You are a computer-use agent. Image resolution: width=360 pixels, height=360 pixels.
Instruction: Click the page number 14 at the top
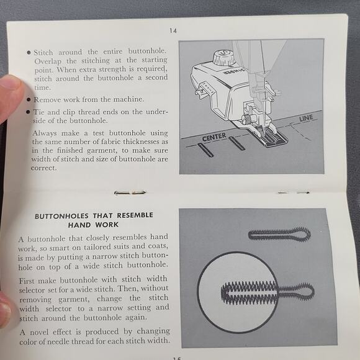click(x=173, y=30)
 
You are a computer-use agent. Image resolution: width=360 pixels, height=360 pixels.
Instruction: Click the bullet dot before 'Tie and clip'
click(x=29, y=112)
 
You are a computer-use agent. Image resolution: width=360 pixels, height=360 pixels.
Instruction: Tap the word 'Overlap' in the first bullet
click(x=48, y=62)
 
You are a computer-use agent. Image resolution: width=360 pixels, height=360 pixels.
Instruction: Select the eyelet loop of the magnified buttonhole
click(x=300, y=290)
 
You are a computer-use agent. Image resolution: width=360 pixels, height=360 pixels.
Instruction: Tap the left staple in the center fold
click(x=130, y=192)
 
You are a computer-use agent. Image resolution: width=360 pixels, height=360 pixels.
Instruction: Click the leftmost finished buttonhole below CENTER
click(x=205, y=150)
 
